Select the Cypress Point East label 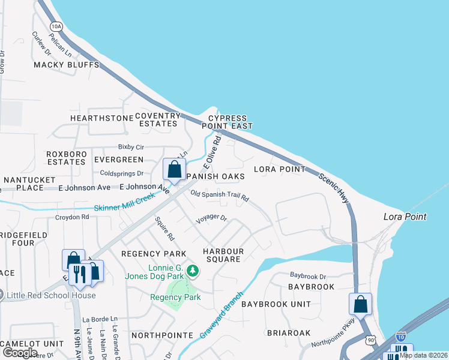tap(231, 122)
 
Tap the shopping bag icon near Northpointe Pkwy tap(360, 304)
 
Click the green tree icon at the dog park tap(192, 271)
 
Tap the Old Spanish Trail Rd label tap(219, 196)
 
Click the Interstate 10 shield tap(401, 337)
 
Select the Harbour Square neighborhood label tap(221, 255)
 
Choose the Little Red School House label tap(51, 295)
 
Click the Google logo tap(20, 353)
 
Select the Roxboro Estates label tap(66, 158)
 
